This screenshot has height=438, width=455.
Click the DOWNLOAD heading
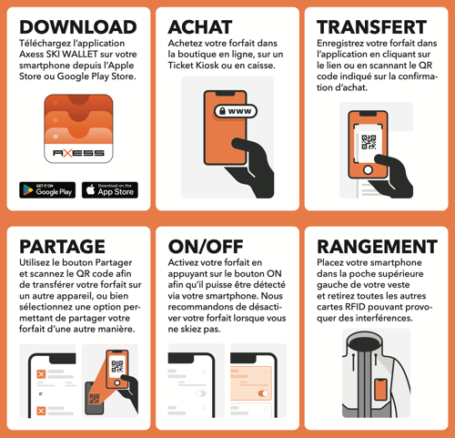[x=78, y=27]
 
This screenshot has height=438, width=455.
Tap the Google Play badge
[x=47, y=190]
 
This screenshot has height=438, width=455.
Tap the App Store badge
[x=110, y=190]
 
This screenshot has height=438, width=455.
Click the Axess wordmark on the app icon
[x=78, y=153]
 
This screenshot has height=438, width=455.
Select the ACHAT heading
[x=200, y=27]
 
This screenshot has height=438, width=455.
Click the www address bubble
[x=236, y=111]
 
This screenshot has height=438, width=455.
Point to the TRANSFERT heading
[x=372, y=27]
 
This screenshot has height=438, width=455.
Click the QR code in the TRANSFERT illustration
[x=369, y=142]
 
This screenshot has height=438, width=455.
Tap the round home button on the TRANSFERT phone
[x=369, y=169]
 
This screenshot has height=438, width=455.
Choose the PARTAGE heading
[x=62, y=247]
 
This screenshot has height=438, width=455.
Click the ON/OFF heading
[x=206, y=247]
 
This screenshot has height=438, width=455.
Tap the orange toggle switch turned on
[x=263, y=393]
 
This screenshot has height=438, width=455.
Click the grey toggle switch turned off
[x=201, y=393]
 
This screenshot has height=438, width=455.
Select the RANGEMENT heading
[x=377, y=247]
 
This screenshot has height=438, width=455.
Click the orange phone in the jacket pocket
[x=380, y=390]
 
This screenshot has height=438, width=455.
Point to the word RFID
[x=355, y=307]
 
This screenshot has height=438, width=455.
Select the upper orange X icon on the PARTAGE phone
[x=41, y=374]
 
